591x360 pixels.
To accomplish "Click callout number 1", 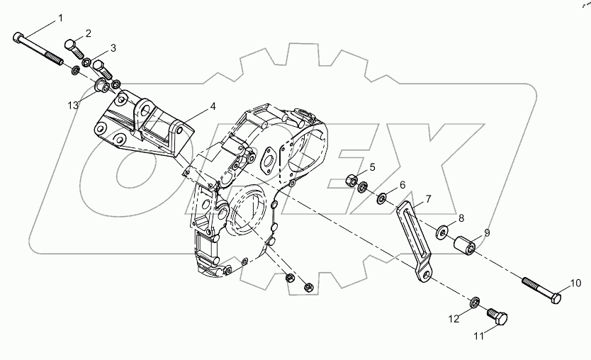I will pyautogui.click(x=60, y=16).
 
